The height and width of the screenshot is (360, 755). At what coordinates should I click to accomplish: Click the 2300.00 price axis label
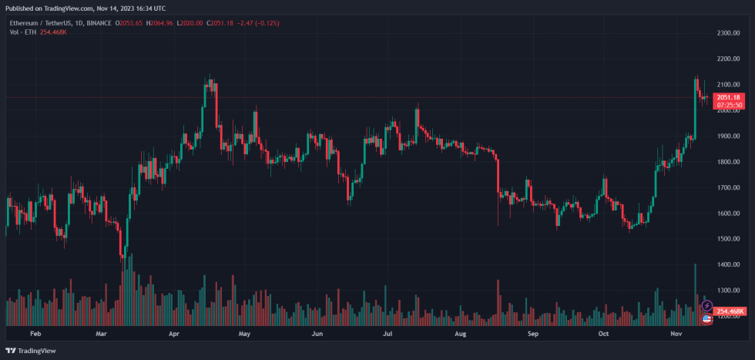[x=728, y=33]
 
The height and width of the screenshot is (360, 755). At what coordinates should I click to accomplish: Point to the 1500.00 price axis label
[x=728, y=239]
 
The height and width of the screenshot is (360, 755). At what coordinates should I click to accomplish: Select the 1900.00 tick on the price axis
[x=728, y=136]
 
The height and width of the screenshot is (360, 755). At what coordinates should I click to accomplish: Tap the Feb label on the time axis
[x=34, y=335]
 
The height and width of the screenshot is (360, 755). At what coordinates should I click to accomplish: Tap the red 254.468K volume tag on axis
[x=730, y=311]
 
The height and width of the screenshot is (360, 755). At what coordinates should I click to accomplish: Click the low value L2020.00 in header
[x=190, y=24]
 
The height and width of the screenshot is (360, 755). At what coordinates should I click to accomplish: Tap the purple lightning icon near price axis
[x=707, y=306]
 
